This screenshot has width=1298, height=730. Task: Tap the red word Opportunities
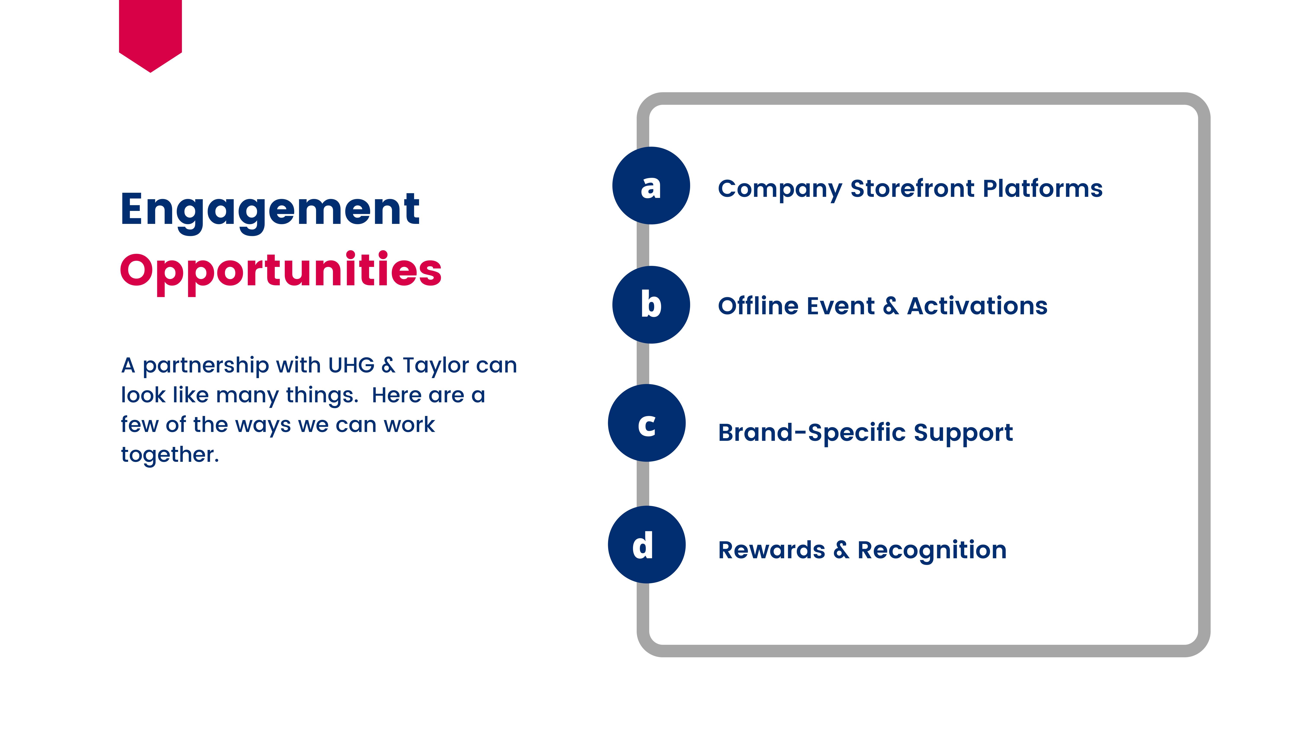tap(281, 271)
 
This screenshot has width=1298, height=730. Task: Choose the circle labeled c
tap(646, 423)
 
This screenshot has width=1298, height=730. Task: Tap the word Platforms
tap(1043, 189)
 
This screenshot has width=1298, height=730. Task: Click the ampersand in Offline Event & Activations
tap(890, 306)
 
